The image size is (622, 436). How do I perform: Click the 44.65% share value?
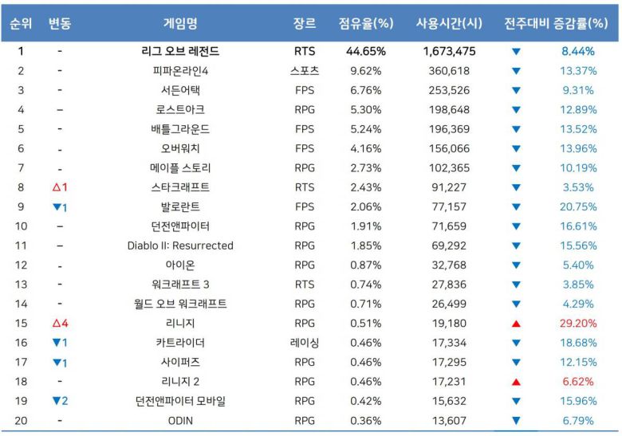point(366,52)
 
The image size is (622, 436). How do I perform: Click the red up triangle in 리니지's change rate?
point(516,323)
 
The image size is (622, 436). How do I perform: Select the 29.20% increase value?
point(579,323)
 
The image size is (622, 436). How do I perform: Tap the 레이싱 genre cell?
point(304,342)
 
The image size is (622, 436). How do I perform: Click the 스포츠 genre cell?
point(304,71)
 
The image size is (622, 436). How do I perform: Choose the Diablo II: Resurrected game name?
point(180,245)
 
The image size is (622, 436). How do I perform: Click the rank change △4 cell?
point(60,323)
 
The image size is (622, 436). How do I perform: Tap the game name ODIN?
point(180,420)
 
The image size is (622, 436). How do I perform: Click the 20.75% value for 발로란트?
point(579,206)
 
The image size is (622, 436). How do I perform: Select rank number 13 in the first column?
point(22,284)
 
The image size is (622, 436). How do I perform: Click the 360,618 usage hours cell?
point(449,71)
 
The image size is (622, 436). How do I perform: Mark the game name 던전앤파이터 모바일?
point(180,400)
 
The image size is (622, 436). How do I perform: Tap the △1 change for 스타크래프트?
point(60,187)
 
